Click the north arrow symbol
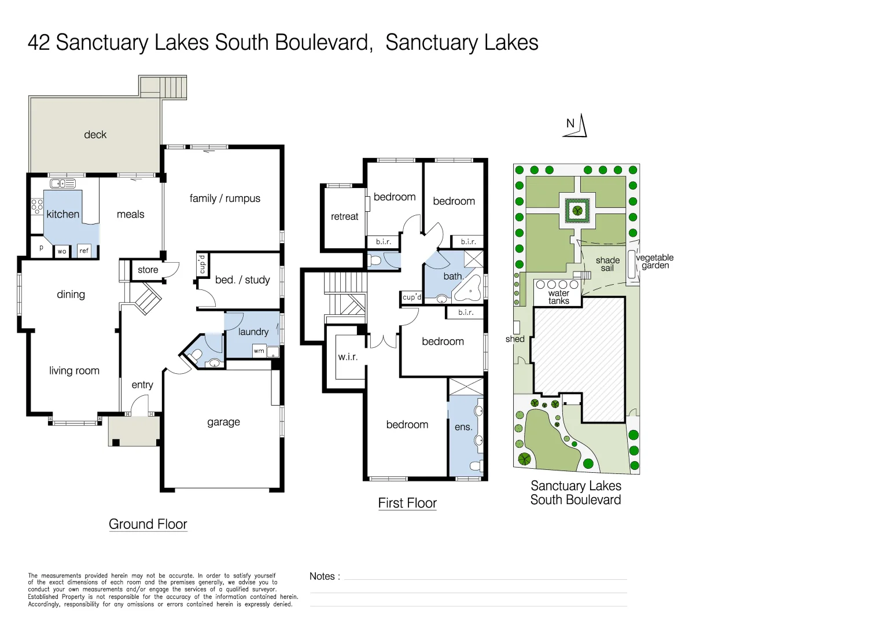coord(576,126)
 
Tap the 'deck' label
coord(95,135)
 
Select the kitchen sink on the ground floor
coord(62,183)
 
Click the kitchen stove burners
coord(37,207)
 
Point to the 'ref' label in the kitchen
coord(84,251)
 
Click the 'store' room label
coord(148,270)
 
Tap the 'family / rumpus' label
coord(224,198)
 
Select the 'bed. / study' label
coord(242,280)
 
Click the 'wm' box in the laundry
coord(259,351)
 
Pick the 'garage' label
coord(223,422)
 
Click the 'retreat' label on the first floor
coord(344,216)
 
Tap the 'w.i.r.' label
coord(348,357)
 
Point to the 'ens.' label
coord(463,427)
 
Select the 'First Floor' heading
coord(407,503)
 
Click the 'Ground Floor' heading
coord(148,524)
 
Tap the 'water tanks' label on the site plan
coord(558,297)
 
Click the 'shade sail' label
coord(607,264)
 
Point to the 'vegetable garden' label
coord(655,262)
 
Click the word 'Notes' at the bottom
coord(322,576)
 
